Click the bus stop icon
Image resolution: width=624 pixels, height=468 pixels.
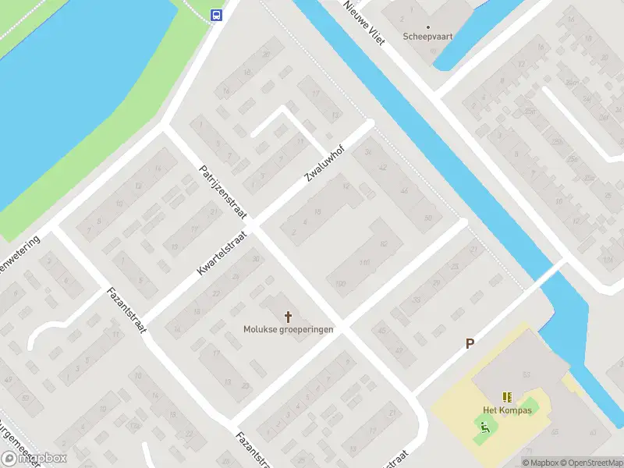pyautogui.click(x=216, y=15)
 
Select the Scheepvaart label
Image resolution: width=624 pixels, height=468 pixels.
pyautogui.click(x=428, y=37)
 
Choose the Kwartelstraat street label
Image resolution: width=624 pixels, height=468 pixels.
pyautogui.click(x=222, y=251)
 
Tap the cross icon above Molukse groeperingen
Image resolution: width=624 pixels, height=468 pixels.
pyautogui.click(x=289, y=316)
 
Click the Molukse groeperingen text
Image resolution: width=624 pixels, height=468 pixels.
pyautogui.click(x=289, y=329)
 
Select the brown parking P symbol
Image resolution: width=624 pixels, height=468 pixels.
pyautogui.click(x=470, y=343)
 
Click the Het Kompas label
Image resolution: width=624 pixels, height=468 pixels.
pyautogui.click(x=507, y=410)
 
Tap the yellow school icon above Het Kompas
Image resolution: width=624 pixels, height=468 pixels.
pyautogui.click(x=507, y=397)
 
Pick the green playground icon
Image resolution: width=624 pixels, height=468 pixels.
pyautogui.click(x=484, y=426)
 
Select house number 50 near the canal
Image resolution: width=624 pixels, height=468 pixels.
pyautogui.click(x=428, y=218)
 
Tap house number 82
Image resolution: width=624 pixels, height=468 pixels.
pyautogui.click(x=384, y=244)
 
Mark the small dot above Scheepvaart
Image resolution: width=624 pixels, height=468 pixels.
pyautogui.click(x=428, y=27)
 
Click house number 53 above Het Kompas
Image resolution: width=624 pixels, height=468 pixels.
pyautogui.click(x=527, y=374)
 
